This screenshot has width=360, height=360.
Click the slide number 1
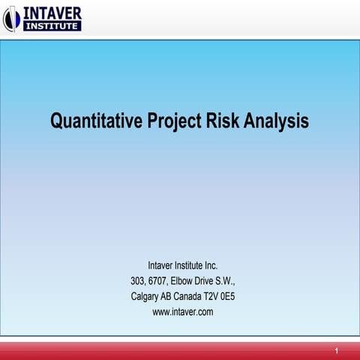coord(337,351)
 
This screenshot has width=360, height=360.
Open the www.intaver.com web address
coord(183,312)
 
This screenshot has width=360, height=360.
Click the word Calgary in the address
coord(147,296)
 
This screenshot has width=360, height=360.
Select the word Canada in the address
coord(197,296)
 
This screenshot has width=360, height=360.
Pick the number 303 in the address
coord(139,281)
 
